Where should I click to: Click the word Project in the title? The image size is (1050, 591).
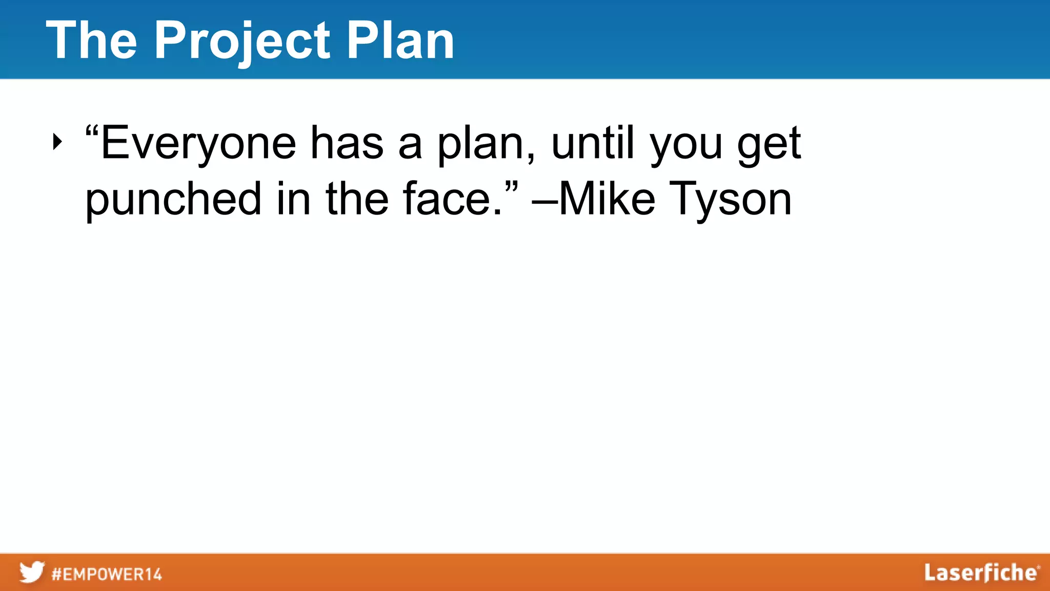[242, 41]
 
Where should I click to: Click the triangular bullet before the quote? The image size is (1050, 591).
[57, 142]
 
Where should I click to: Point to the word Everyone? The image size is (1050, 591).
[198, 144]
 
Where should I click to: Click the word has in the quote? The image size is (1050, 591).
[347, 143]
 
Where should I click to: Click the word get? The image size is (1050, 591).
[769, 146]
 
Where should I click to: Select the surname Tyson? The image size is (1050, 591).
[731, 200]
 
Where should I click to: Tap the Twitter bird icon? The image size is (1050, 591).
[32, 572]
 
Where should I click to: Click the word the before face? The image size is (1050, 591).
[357, 199]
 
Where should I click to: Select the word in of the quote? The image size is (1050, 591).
[293, 199]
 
